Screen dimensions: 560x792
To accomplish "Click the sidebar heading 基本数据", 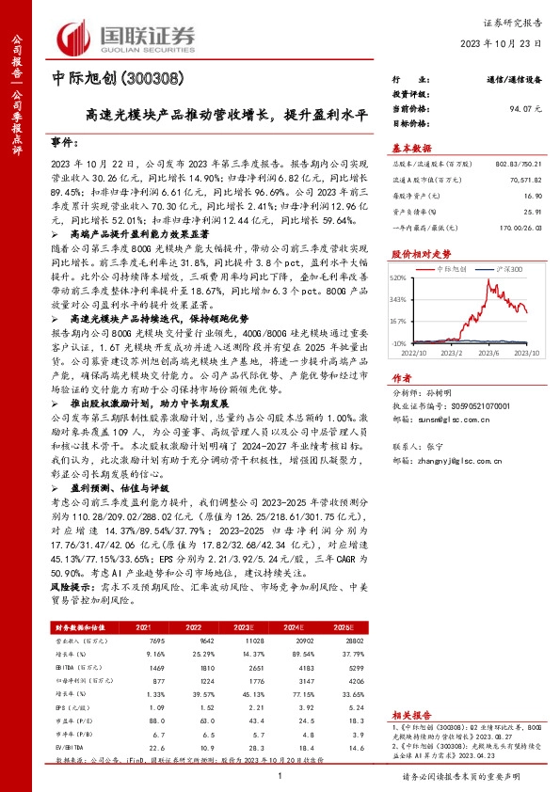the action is pos(411,148).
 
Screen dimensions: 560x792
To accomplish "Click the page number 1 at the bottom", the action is pos(280,776).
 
